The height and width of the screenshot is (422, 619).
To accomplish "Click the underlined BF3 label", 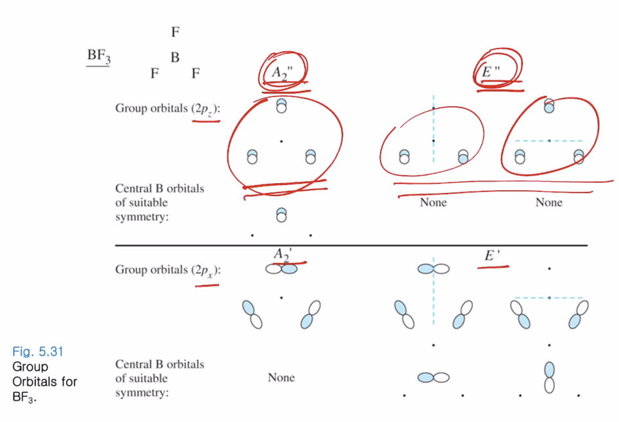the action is [99, 56].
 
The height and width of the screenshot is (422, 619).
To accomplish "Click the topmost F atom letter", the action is [175, 32].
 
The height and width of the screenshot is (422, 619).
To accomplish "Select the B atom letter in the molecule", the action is [175, 58].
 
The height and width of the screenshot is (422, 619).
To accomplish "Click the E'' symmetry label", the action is [490, 72].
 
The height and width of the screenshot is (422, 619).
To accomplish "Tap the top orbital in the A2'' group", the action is [281, 106].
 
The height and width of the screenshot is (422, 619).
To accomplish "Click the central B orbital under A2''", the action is [281, 215].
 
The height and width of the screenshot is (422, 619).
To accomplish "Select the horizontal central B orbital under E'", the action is [433, 378].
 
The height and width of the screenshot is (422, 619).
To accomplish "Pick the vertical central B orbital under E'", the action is [549, 377].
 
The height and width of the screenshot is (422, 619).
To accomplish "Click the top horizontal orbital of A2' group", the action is [281, 270].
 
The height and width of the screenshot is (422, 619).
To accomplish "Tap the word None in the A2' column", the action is [281, 378].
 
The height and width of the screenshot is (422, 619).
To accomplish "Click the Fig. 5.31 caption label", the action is [37, 352].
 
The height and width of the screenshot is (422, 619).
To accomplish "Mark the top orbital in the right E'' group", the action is [549, 106].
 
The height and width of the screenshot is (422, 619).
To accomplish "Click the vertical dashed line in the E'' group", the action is [433, 128].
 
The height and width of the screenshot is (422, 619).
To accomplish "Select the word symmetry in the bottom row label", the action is [142, 392].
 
